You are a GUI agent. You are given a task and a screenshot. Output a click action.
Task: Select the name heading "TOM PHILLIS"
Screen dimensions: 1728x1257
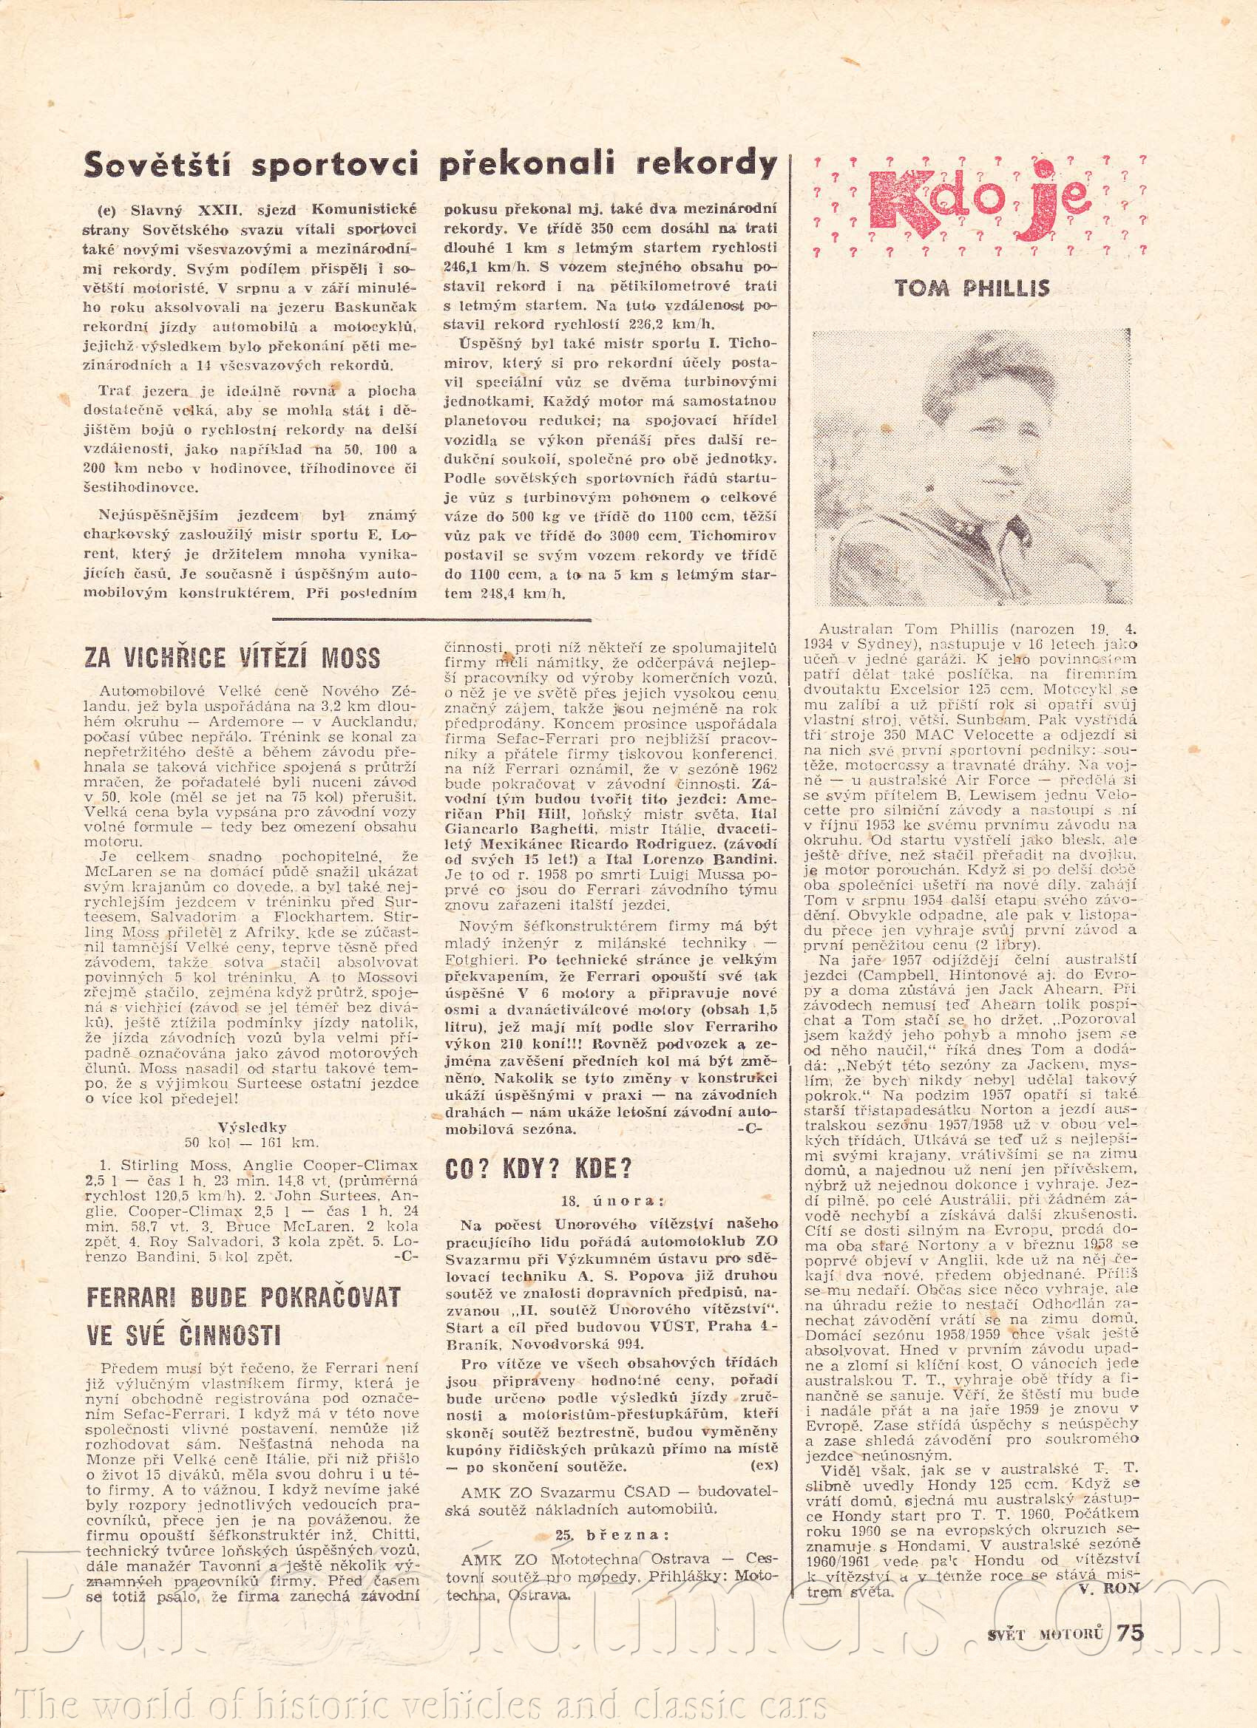[x=972, y=288]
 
